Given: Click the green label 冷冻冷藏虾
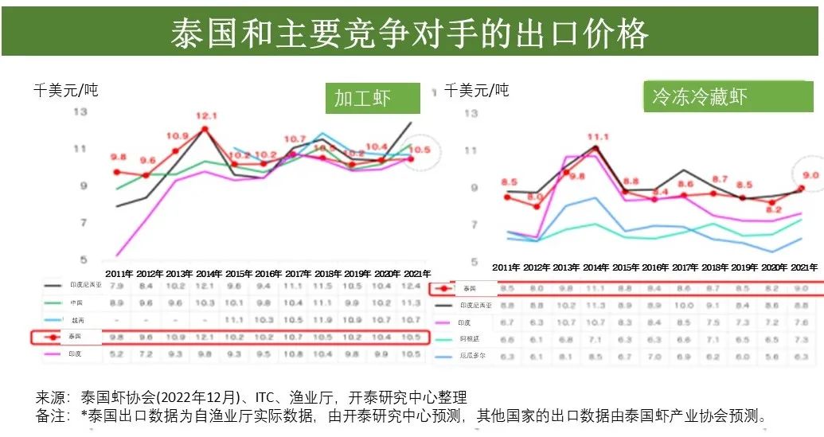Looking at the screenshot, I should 699,98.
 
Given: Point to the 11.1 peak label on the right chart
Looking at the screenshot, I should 597,137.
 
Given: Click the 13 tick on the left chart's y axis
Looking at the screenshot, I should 80,112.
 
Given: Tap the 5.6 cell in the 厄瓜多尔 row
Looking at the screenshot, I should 773,357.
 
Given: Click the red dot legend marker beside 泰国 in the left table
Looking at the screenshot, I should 53,337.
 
